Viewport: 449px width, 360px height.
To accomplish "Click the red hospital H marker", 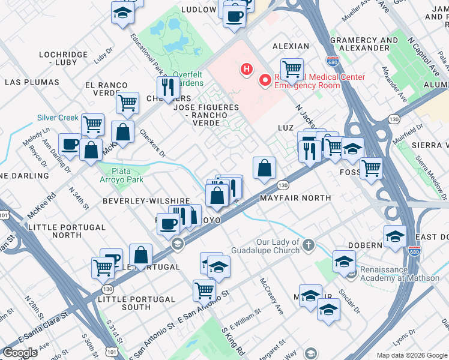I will (x=246, y=70).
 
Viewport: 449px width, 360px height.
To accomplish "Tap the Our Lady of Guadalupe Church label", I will (x=277, y=246).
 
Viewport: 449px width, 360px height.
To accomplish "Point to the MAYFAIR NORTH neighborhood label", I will (x=295, y=197).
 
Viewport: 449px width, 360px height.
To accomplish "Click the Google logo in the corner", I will (x=20, y=353).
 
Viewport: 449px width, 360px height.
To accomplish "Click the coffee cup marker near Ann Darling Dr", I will (x=70, y=144).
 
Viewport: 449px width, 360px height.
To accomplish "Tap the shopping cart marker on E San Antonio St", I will (x=204, y=290).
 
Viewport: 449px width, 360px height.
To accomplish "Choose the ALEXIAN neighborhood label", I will (x=291, y=46).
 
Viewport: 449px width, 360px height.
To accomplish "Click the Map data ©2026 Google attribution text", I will (x=411, y=355).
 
